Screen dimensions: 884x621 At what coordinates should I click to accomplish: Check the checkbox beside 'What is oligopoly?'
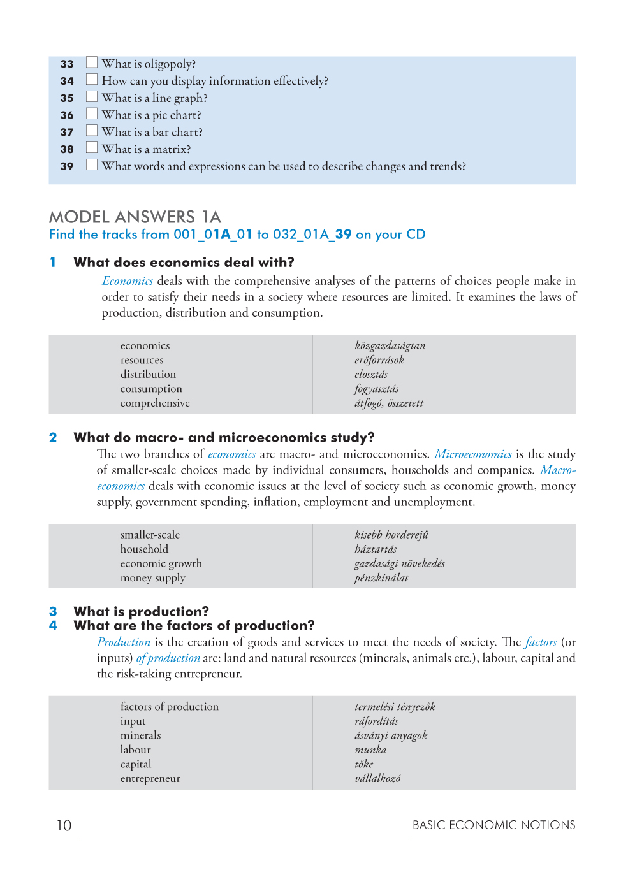coord(92,62)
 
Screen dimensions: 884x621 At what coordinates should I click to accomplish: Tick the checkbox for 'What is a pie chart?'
coord(92,113)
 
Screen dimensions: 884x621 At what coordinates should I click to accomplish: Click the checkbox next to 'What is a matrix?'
coord(92,148)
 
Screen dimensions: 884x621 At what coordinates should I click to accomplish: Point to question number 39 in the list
coord(67,166)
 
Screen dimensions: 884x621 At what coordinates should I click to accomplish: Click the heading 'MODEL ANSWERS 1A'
coord(135,217)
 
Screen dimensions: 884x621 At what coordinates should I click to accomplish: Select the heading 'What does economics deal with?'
coord(184,263)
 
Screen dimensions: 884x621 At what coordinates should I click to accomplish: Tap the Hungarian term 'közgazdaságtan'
coord(390,345)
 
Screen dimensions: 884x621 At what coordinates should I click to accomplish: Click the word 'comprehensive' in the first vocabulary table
coord(155,403)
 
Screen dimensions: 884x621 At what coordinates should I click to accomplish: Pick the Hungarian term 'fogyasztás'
coord(376,389)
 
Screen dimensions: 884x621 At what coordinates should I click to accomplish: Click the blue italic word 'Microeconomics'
coord(473,454)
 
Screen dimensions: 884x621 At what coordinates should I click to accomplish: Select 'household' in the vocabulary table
coord(144,549)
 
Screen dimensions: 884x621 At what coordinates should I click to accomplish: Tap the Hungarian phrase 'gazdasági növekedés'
coord(399,563)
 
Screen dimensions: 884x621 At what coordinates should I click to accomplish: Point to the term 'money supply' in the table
coord(152,578)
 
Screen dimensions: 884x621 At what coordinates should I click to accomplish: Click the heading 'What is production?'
coord(141,611)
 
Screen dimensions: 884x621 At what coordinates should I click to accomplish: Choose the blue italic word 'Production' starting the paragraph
coord(124,642)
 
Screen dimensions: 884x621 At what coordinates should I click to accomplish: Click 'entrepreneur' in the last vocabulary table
coord(150,778)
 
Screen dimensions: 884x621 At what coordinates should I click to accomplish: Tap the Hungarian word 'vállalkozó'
coord(377,778)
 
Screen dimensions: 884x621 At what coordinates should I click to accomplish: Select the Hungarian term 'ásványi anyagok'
coord(391,735)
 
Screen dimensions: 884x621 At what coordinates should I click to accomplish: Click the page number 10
coord(64,825)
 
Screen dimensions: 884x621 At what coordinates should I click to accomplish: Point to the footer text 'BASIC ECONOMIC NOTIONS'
coord(493,825)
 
